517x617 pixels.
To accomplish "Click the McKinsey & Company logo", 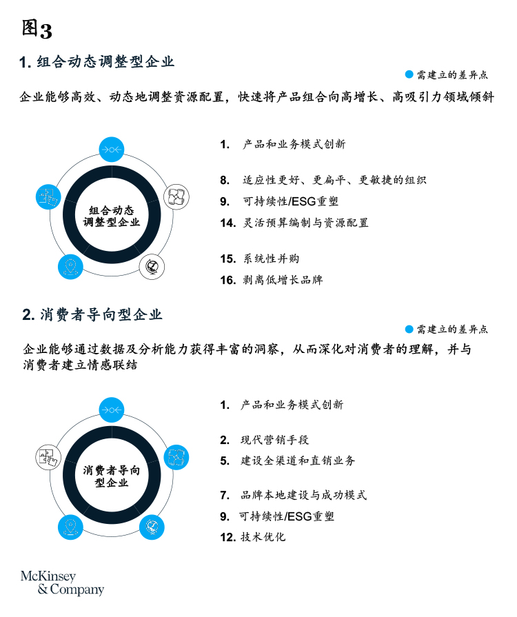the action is click(x=62, y=583).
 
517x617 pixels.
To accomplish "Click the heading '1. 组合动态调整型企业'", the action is click(x=97, y=62).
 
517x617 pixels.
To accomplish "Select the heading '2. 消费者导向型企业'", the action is click(x=92, y=315).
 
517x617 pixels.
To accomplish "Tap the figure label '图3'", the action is click(x=37, y=30).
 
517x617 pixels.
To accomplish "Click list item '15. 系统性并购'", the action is click(x=260, y=259).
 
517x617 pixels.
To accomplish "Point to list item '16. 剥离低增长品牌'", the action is click(x=272, y=280).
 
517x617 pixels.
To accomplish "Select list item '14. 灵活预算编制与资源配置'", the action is click(x=294, y=223).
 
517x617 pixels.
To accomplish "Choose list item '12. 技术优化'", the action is click(x=252, y=537).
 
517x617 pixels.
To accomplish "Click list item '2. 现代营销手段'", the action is click(x=265, y=440).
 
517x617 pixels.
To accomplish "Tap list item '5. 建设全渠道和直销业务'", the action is click(x=287, y=461).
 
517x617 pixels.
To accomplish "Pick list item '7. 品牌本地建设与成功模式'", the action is click(x=294, y=495).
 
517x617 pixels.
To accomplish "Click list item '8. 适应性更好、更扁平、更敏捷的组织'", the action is click(x=323, y=180).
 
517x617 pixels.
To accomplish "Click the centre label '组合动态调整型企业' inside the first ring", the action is click(x=112, y=216).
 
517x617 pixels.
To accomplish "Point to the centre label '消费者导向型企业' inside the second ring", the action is click(x=112, y=476).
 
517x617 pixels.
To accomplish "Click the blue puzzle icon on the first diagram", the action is click(x=48, y=196).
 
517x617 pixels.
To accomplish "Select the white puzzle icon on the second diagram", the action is click(x=48, y=457).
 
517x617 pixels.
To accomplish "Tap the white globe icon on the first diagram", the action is click(x=152, y=267).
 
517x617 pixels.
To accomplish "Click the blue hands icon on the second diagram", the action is click(x=176, y=457).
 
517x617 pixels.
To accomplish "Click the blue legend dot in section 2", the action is click(x=409, y=329).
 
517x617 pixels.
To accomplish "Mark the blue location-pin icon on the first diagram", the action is click(x=70, y=267).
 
